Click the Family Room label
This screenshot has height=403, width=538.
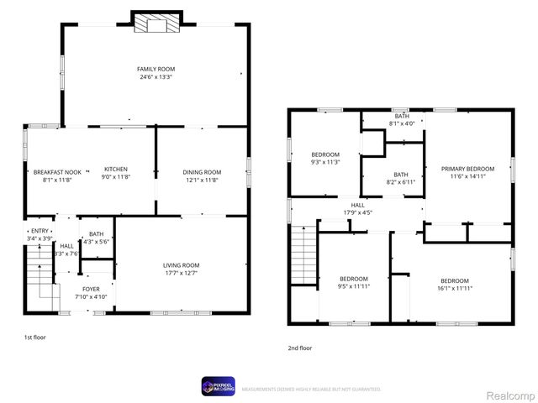point(156,73)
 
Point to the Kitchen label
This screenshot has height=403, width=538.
point(115,173)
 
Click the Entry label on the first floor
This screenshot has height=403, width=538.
point(40,234)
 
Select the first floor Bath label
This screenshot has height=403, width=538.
point(96,238)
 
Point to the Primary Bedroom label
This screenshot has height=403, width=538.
point(467,173)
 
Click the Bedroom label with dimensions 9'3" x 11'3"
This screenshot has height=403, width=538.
point(325,158)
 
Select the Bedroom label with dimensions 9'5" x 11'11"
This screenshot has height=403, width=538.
point(354,282)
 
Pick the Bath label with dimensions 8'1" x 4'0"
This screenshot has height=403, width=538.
point(402,119)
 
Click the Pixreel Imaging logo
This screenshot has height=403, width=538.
point(218,386)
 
